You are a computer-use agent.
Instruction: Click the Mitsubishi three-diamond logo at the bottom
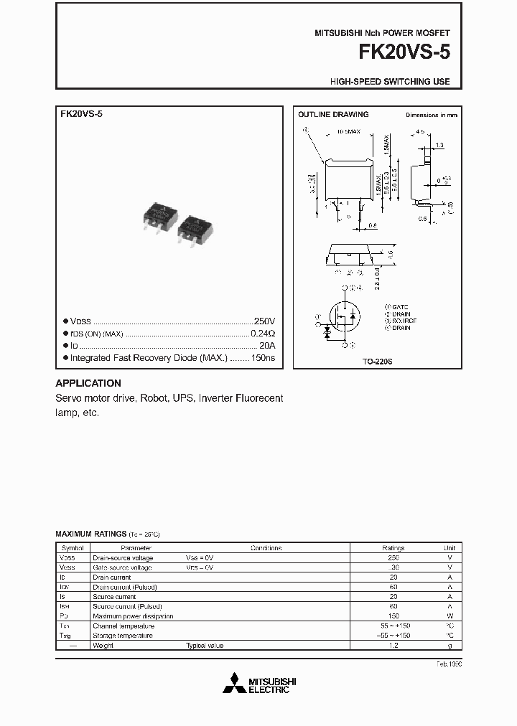234,684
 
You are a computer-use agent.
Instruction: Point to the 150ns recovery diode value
262,357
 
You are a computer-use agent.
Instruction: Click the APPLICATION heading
88,383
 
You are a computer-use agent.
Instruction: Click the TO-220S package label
377,362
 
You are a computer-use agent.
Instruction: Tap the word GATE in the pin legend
402,306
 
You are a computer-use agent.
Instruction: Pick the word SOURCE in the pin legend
404,321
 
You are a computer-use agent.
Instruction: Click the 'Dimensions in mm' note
431,115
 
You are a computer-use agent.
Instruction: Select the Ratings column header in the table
393,548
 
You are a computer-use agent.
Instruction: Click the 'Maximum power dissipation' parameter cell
133,616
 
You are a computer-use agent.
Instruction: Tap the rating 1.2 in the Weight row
393,646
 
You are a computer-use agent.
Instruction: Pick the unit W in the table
450,616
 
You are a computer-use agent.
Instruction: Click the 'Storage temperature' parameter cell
123,636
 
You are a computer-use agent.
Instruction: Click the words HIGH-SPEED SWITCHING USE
390,82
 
